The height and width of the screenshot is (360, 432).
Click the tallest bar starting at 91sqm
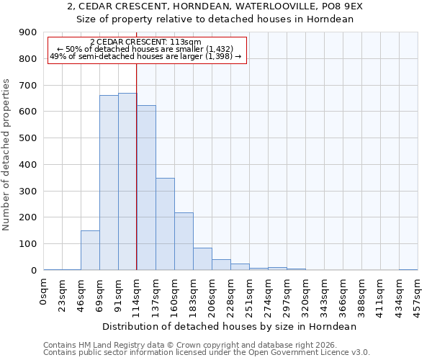coord(127,181)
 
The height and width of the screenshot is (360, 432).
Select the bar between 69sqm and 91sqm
coord(109,183)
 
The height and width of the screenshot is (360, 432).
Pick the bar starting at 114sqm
coord(146,187)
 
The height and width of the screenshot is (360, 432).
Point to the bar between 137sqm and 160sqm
coord(165,224)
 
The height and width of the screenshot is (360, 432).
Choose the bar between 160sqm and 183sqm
coord(184,241)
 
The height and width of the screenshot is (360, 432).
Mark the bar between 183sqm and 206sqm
coord(202,258)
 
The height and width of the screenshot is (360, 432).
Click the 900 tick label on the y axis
coord(28,32)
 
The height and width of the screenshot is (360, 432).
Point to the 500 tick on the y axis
coord(28,138)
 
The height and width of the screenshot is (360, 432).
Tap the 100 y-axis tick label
coord(28,244)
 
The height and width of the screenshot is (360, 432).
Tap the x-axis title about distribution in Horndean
coord(230,326)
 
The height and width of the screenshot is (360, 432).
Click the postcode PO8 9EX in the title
coord(343,6)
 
